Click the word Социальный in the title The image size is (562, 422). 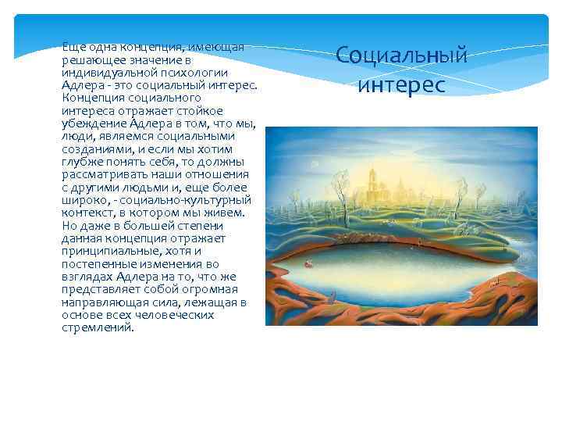click(401, 55)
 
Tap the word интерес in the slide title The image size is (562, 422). click(401, 84)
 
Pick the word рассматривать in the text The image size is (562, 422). click(101, 174)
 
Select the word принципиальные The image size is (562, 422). click(112, 251)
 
